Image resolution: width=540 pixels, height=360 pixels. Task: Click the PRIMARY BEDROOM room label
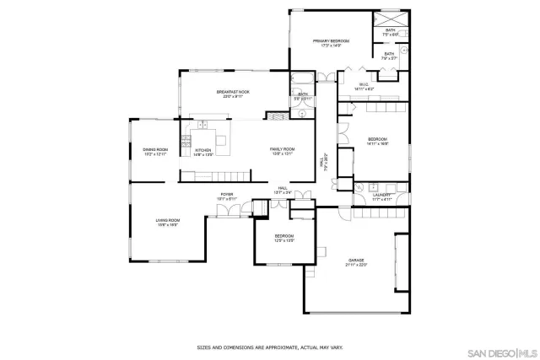pyautogui.click(x=331, y=40)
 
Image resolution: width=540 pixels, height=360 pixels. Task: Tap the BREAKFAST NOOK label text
pyautogui.click(x=233, y=91)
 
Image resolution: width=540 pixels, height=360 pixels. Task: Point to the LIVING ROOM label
pyautogui.click(x=166, y=221)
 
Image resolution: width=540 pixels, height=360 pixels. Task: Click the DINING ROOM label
pyautogui.click(x=155, y=149)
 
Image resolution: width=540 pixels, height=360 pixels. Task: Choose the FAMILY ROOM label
pyautogui.click(x=282, y=148)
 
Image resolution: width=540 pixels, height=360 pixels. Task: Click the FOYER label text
pyautogui.click(x=227, y=194)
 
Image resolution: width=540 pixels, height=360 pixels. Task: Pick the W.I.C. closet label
pyautogui.click(x=364, y=83)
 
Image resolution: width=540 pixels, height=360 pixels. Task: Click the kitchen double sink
pyautogui.click(x=202, y=126)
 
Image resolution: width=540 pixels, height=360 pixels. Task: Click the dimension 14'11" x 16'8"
pyautogui.click(x=376, y=144)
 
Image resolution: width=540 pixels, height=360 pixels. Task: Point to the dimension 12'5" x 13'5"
pyautogui.click(x=283, y=240)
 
